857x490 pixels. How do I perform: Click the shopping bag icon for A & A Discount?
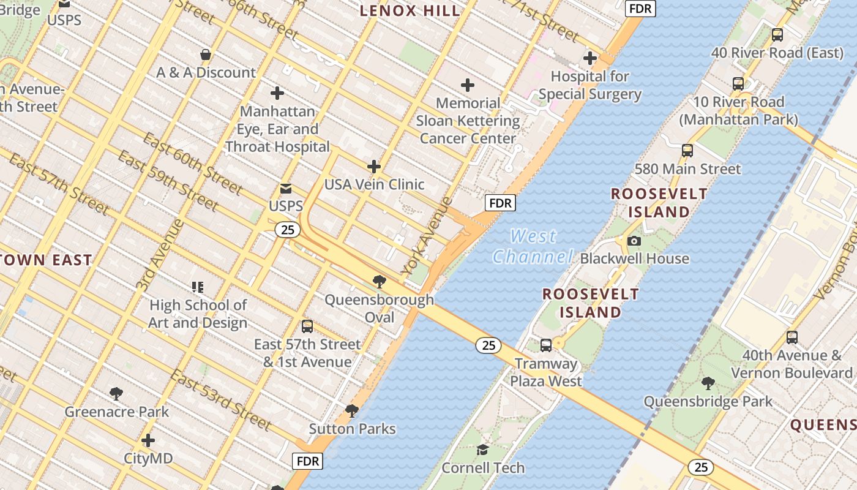(x=206, y=55)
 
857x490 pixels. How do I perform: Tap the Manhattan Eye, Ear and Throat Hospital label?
(x=277, y=129)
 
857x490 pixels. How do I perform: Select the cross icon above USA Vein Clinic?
(x=373, y=167)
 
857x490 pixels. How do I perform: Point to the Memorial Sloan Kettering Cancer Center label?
(x=468, y=121)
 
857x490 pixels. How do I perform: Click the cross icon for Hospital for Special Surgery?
(x=590, y=59)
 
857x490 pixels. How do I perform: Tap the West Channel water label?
(x=533, y=246)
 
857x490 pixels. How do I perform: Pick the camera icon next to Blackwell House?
(x=634, y=241)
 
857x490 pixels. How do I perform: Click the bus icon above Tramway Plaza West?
(x=546, y=345)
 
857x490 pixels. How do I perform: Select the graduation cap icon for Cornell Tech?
(x=483, y=450)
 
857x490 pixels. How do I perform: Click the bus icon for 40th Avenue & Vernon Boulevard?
(x=792, y=337)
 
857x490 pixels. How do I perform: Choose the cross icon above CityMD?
(x=148, y=440)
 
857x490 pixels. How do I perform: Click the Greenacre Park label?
(x=117, y=412)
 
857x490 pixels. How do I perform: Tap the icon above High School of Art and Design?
(x=198, y=287)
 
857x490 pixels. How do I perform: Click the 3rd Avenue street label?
(x=159, y=255)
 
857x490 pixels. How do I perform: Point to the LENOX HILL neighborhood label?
(x=410, y=10)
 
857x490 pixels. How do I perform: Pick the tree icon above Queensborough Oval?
(x=379, y=282)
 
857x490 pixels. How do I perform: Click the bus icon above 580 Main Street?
(x=687, y=151)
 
